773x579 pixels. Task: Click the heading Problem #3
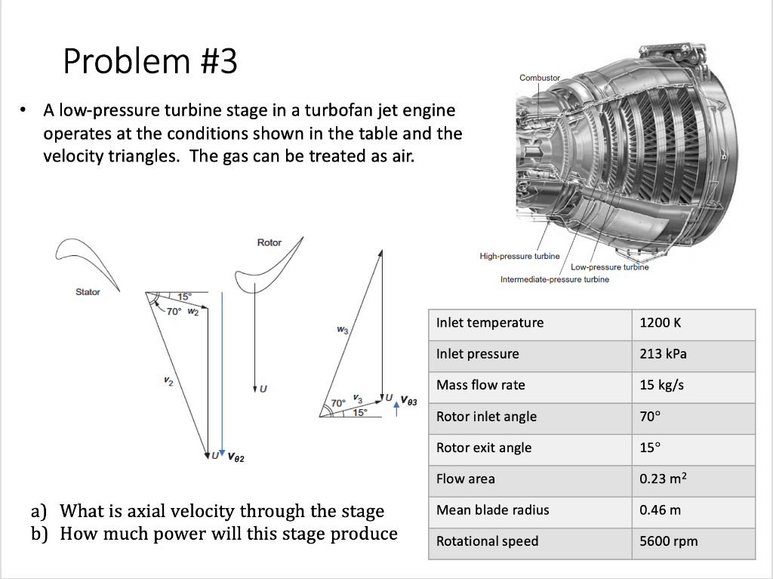pyautogui.click(x=150, y=61)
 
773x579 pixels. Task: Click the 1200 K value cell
pyautogui.click(x=660, y=323)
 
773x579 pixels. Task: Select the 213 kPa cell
pyautogui.click(x=663, y=354)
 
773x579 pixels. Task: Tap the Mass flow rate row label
pyautogui.click(x=480, y=385)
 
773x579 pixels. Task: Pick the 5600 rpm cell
pyautogui.click(x=668, y=541)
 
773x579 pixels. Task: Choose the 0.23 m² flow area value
pyautogui.click(x=665, y=479)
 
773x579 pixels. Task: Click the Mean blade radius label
pyautogui.click(x=492, y=510)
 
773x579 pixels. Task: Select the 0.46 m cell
pyautogui.click(x=660, y=510)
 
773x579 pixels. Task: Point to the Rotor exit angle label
pyautogui.click(x=483, y=448)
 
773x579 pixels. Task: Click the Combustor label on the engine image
pyautogui.click(x=540, y=78)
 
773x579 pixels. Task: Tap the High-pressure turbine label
pyautogui.click(x=519, y=257)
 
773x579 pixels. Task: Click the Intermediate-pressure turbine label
pyautogui.click(x=554, y=279)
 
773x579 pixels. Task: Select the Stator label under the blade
pyautogui.click(x=88, y=292)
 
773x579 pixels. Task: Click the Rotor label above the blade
pyautogui.click(x=269, y=242)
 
